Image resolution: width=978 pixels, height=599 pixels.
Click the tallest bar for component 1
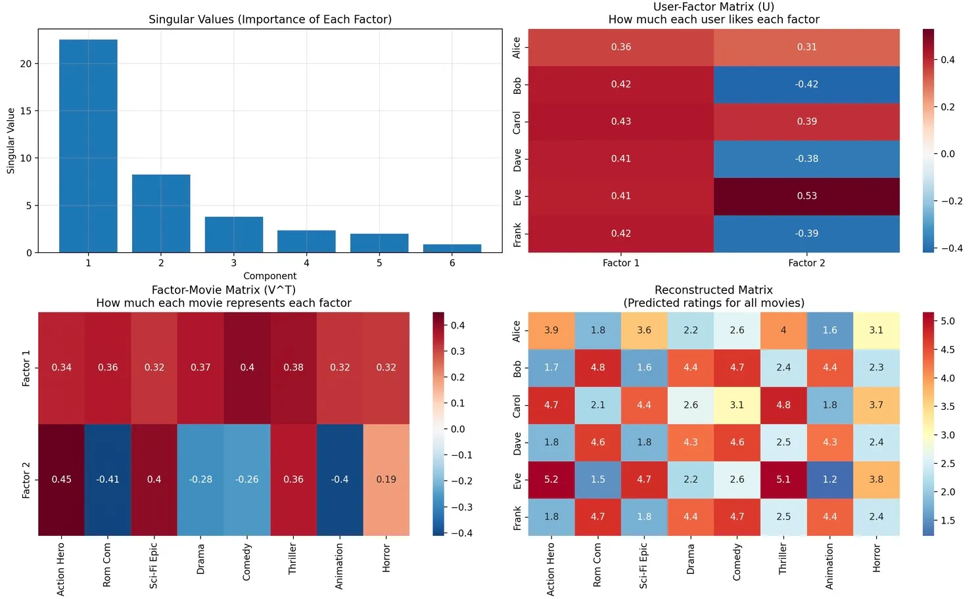(88, 146)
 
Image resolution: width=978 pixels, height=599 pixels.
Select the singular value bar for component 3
(233, 234)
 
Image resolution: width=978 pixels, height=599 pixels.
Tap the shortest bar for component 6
(452, 248)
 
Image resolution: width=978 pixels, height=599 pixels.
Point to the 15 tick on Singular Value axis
(26, 111)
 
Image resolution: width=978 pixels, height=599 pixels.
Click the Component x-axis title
(269, 276)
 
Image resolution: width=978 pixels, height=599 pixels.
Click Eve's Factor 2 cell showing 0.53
(806, 196)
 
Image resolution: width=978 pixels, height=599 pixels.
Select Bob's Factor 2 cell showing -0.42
(806, 84)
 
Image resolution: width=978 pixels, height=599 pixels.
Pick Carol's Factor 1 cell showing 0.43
(620, 122)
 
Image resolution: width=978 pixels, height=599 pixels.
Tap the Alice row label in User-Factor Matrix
(517, 47)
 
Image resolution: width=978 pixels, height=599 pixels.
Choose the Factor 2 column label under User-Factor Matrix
(806, 263)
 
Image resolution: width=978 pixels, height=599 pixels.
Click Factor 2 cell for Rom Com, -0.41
(108, 479)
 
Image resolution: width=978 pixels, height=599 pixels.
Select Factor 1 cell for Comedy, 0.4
(247, 368)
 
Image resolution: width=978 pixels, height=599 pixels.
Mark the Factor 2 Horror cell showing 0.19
(386, 479)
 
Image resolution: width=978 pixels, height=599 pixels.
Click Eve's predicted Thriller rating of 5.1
(783, 479)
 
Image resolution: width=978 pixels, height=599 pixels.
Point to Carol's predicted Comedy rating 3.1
(737, 405)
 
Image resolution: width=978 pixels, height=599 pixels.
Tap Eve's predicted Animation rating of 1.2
(829, 479)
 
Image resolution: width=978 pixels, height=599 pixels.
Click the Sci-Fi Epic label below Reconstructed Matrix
(643, 565)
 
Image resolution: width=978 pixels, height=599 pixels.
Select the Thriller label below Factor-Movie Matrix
(292, 558)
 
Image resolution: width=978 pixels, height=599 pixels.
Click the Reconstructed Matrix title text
(714, 290)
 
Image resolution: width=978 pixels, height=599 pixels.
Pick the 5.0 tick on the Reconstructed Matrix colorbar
(947, 321)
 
